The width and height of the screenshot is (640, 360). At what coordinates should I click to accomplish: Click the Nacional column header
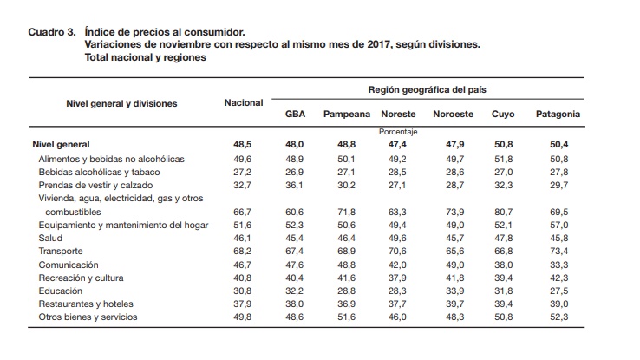[244, 103]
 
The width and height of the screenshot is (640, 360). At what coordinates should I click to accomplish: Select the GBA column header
[295, 114]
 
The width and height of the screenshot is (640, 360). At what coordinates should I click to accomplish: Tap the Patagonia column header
[558, 115]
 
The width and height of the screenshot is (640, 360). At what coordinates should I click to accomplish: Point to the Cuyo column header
[503, 115]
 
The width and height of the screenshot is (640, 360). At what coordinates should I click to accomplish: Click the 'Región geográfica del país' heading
[427, 90]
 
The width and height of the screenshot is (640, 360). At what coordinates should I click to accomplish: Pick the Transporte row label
[61, 251]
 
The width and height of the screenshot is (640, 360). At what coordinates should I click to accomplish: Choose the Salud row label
[50, 238]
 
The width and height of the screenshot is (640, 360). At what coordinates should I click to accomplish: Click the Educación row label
[61, 291]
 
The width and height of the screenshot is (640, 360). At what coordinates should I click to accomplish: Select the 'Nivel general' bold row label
[61, 145]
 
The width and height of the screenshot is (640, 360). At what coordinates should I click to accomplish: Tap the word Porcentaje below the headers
[398, 132]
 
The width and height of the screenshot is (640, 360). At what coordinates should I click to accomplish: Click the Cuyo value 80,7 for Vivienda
[503, 212]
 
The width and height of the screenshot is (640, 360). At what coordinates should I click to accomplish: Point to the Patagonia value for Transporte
[558, 251]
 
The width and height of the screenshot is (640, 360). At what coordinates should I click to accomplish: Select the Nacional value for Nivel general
[243, 145]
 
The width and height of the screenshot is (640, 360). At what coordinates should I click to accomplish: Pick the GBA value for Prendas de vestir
[294, 186]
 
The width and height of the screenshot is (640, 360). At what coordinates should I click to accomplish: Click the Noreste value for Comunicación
[397, 265]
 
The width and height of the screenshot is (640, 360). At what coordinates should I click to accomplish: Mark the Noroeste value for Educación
[454, 291]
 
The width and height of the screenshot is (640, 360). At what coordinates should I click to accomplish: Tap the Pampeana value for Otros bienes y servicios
[346, 317]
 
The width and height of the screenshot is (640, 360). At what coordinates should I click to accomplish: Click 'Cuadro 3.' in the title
[52, 32]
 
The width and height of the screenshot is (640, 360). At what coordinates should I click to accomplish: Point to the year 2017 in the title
[378, 44]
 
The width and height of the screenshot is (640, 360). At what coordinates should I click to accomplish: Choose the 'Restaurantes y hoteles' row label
[86, 304]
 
